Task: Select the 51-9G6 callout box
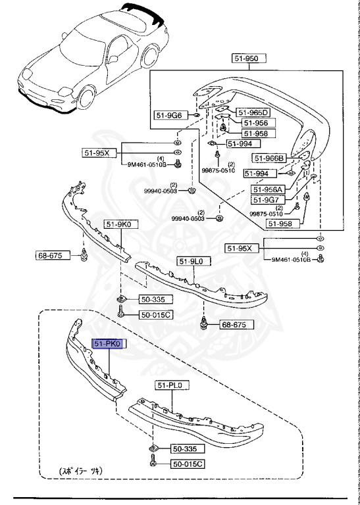[168, 116]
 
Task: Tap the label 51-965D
[253, 112]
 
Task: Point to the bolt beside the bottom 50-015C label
[153, 464]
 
